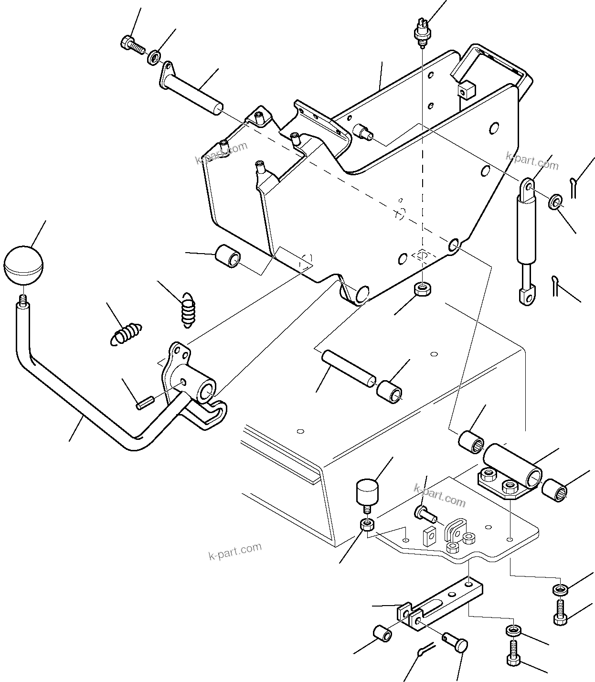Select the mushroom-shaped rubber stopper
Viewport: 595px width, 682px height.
click(x=366, y=496)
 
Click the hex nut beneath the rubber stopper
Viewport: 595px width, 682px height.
click(x=366, y=525)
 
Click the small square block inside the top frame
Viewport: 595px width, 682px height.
click(x=463, y=89)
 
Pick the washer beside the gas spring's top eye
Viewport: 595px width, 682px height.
click(x=555, y=202)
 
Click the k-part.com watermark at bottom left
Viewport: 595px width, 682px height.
click(x=235, y=552)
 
